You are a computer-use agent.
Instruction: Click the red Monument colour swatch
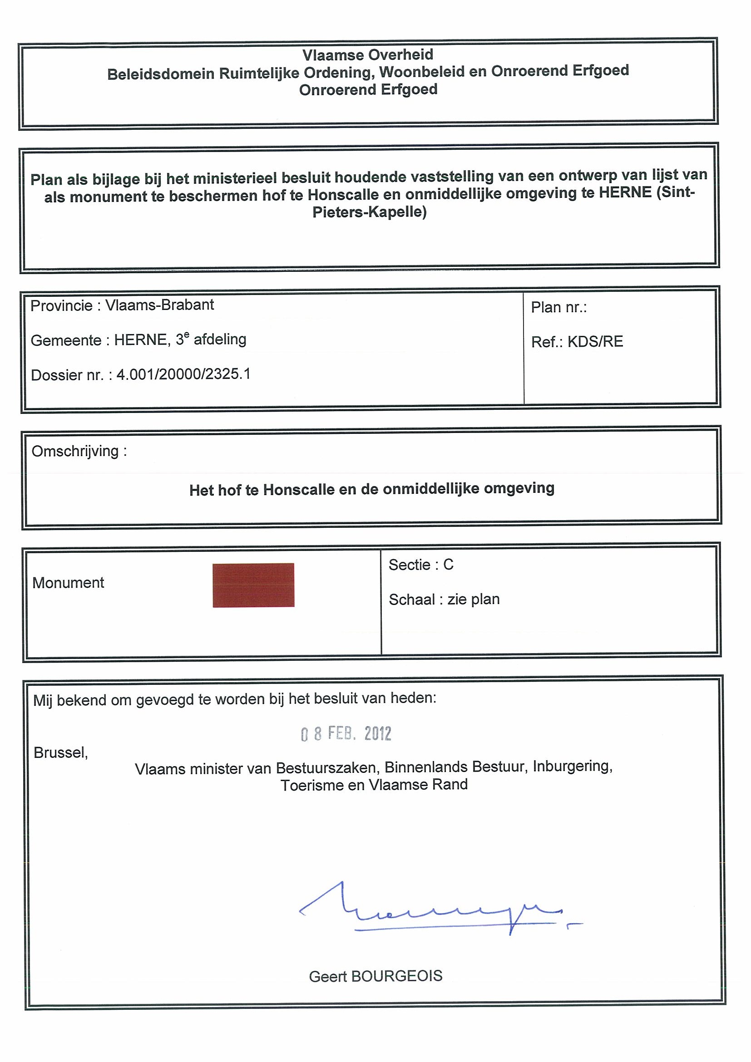click(x=253, y=585)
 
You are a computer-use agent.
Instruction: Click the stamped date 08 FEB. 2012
click(x=346, y=733)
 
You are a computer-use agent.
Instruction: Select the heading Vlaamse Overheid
click(x=368, y=55)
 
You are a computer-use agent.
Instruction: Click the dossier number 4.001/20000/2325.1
click(x=183, y=374)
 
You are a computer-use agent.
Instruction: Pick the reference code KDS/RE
click(x=595, y=342)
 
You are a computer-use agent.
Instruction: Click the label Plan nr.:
click(x=558, y=307)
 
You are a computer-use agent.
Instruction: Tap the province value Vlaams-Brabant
click(x=160, y=305)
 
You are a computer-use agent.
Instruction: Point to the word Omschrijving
click(x=75, y=451)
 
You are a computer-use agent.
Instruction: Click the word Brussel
click(x=60, y=752)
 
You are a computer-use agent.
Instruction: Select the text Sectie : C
click(x=420, y=565)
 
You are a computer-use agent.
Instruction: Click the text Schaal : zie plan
click(x=444, y=600)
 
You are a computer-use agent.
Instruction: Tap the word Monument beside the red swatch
click(x=68, y=583)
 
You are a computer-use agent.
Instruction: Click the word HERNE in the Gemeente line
click(x=141, y=340)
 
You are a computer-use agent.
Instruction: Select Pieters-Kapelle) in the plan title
click(x=369, y=212)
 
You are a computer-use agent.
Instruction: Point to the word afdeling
click(x=220, y=339)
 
